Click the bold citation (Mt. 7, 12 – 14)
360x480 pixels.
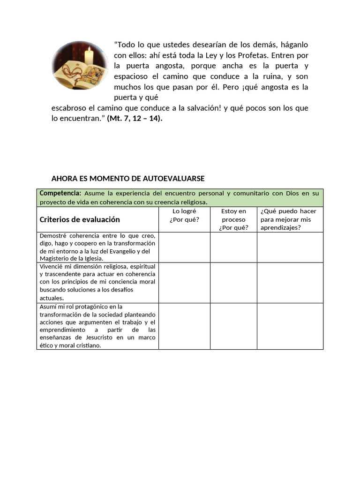coord(135,119)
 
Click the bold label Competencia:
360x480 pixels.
coord(60,193)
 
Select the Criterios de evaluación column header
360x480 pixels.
coord(80,219)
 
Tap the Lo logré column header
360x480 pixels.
coord(184,216)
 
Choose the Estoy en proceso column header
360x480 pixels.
coord(233,219)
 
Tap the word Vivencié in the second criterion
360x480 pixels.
coord(52,266)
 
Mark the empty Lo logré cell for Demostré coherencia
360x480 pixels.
coord(184,247)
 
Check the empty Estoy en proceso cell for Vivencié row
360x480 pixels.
coord(233,283)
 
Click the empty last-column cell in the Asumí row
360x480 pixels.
coord(290,326)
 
